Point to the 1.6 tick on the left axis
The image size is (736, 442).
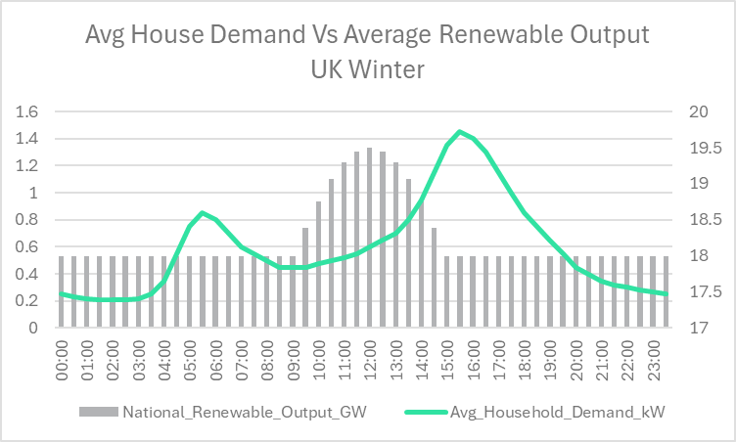point(26,111)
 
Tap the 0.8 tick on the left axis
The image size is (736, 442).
point(26,220)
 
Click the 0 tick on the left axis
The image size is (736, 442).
point(32,329)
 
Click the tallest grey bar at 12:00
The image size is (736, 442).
point(369,239)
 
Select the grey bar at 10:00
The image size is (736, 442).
point(318,265)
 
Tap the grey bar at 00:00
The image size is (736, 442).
point(61,292)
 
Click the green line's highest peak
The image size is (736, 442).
point(460,131)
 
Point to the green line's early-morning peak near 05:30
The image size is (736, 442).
point(202,212)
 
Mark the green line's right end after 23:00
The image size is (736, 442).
point(666,293)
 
